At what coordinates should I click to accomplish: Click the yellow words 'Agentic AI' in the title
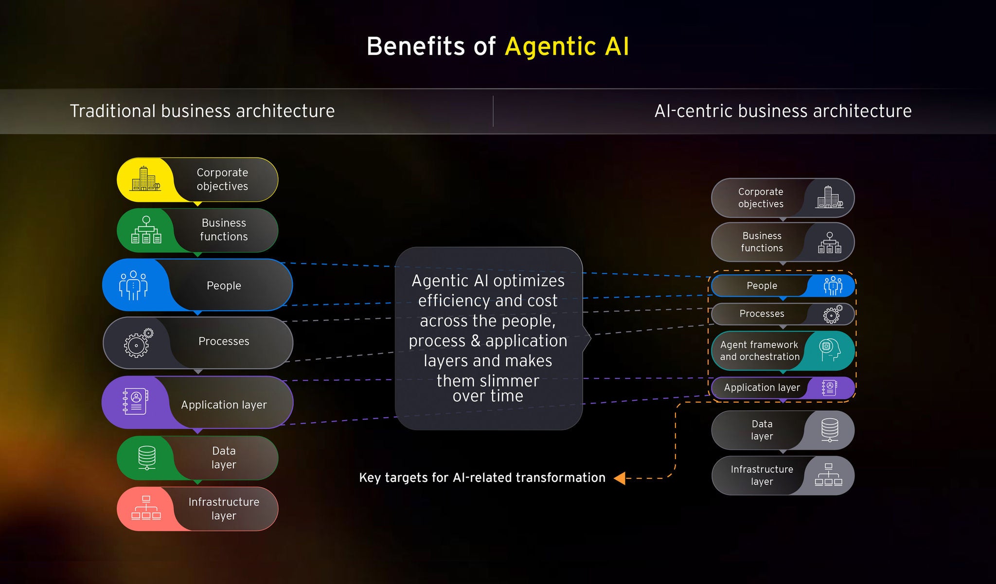click(567, 47)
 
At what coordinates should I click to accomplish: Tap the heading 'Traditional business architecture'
click(202, 111)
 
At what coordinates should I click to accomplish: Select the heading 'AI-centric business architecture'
click(783, 111)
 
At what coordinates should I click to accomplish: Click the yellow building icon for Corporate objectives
click(145, 178)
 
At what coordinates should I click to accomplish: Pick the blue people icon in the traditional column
click(133, 285)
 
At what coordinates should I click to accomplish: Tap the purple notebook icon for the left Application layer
click(136, 402)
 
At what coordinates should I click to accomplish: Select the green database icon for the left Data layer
click(147, 458)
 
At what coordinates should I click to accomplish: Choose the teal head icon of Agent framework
click(830, 350)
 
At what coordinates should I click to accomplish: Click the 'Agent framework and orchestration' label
click(760, 351)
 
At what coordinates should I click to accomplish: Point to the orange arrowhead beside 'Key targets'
click(620, 478)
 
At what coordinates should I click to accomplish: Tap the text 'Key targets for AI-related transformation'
click(482, 478)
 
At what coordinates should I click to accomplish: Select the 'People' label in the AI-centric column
click(762, 286)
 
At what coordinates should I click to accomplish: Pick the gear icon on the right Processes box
click(833, 314)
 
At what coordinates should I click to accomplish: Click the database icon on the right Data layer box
click(830, 430)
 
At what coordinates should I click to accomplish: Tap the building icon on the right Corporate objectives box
click(830, 197)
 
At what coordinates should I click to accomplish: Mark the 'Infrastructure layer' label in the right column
click(762, 475)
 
